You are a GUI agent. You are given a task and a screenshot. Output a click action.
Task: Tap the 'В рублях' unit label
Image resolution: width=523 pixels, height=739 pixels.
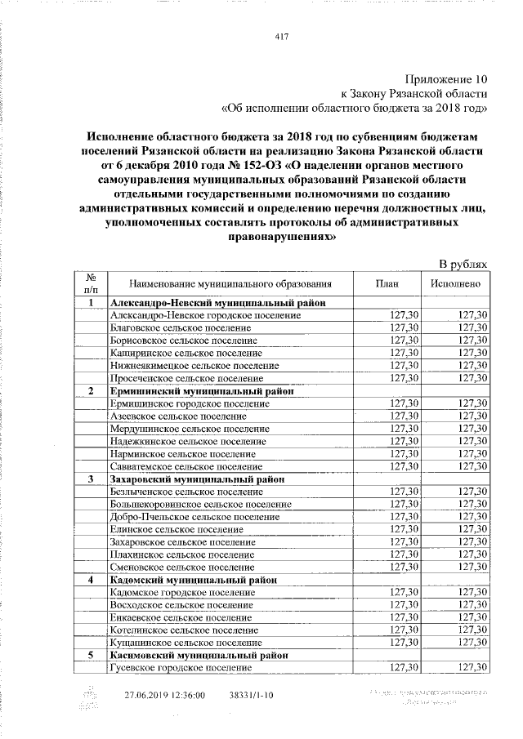pyautogui.click(x=463, y=265)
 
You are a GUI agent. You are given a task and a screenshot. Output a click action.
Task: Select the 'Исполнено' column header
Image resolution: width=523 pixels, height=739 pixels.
pyautogui.click(x=455, y=283)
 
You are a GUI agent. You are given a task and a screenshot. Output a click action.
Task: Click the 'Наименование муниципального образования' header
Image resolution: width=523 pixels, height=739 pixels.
pyautogui.click(x=230, y=283)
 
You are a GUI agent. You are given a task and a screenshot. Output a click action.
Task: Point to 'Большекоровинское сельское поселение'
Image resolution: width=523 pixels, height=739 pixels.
pyautogui.click(x=200, y=505)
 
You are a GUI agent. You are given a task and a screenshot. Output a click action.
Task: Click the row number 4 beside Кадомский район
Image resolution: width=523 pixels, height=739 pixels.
pyautogui.click(x=91, y=580)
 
